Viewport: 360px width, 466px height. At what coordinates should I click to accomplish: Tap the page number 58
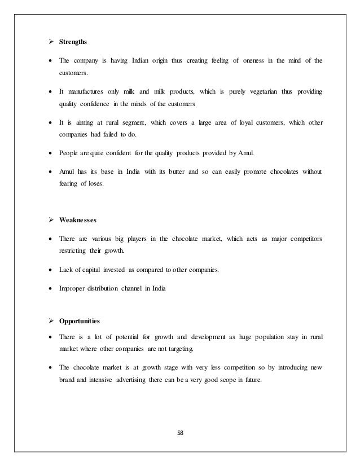[180, 434]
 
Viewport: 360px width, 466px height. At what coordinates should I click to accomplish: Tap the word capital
[96, 270]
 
